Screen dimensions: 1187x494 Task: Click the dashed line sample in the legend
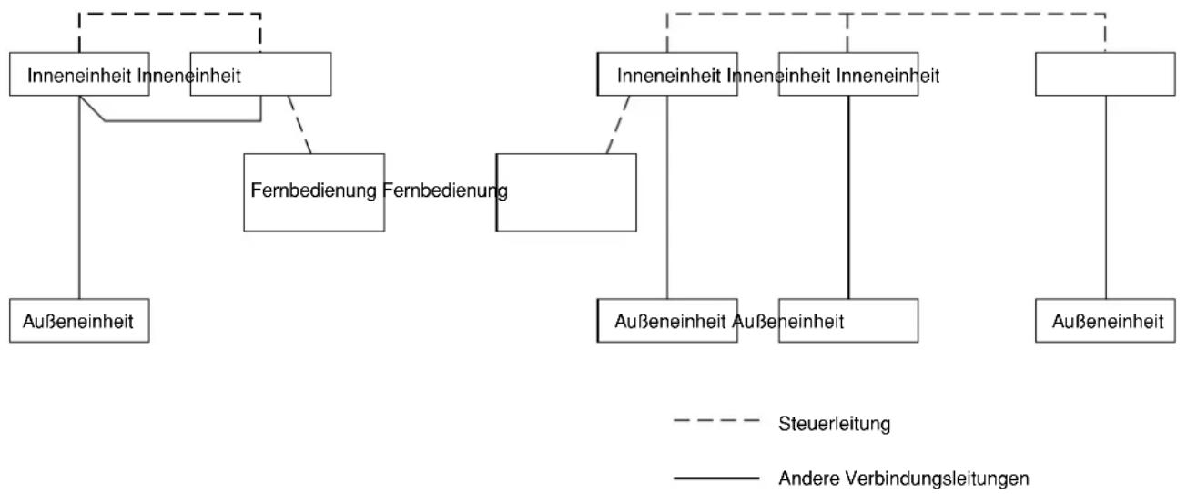[x=716, y=421]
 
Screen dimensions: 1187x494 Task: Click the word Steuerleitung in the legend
[x=834, y=424]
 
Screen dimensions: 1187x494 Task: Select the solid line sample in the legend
[x=716, y=479]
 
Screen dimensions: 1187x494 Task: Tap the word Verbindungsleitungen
[x=937, y=479]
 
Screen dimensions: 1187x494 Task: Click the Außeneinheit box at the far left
[x=79, y=321]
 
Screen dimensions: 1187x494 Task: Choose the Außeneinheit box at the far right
[x=1105, y=321]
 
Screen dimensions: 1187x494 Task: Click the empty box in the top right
[x=1105, y=75]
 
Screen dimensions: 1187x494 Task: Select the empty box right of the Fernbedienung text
[x=566, y=192]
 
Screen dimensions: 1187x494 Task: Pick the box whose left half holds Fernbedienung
[x=314, y=192]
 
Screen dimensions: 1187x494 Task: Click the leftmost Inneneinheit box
[x=79, y=75]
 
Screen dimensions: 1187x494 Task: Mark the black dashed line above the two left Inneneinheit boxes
[x=169, y=14]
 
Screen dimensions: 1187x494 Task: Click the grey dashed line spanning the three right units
[x=886, y=14]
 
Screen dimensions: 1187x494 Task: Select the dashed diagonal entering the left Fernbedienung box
[x=299, y=125]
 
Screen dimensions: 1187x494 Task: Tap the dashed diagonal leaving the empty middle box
[x=618, y=125]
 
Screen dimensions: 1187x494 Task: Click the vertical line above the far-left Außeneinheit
[x=79, y=198]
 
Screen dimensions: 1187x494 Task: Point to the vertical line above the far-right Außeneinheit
[x=1106, y=198]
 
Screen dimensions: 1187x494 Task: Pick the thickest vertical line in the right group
[x=848, y=198]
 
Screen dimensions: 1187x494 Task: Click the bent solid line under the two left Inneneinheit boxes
[x=183, y=121]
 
